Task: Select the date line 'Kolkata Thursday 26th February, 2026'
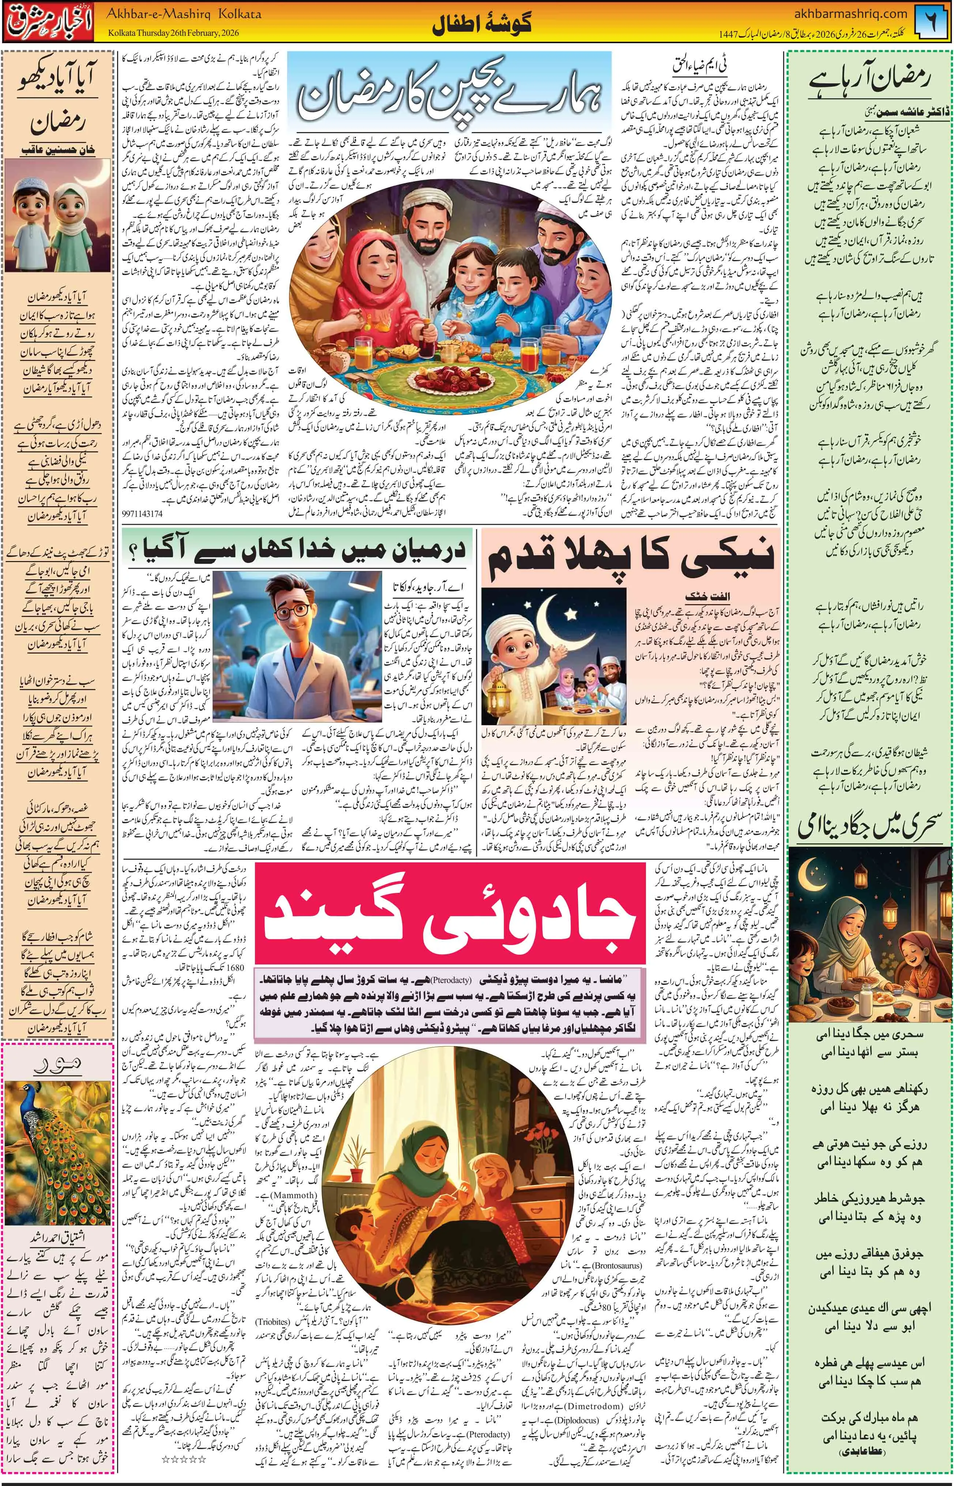[x=173, y=33]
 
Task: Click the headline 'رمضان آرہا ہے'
[x=870, y=80]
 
